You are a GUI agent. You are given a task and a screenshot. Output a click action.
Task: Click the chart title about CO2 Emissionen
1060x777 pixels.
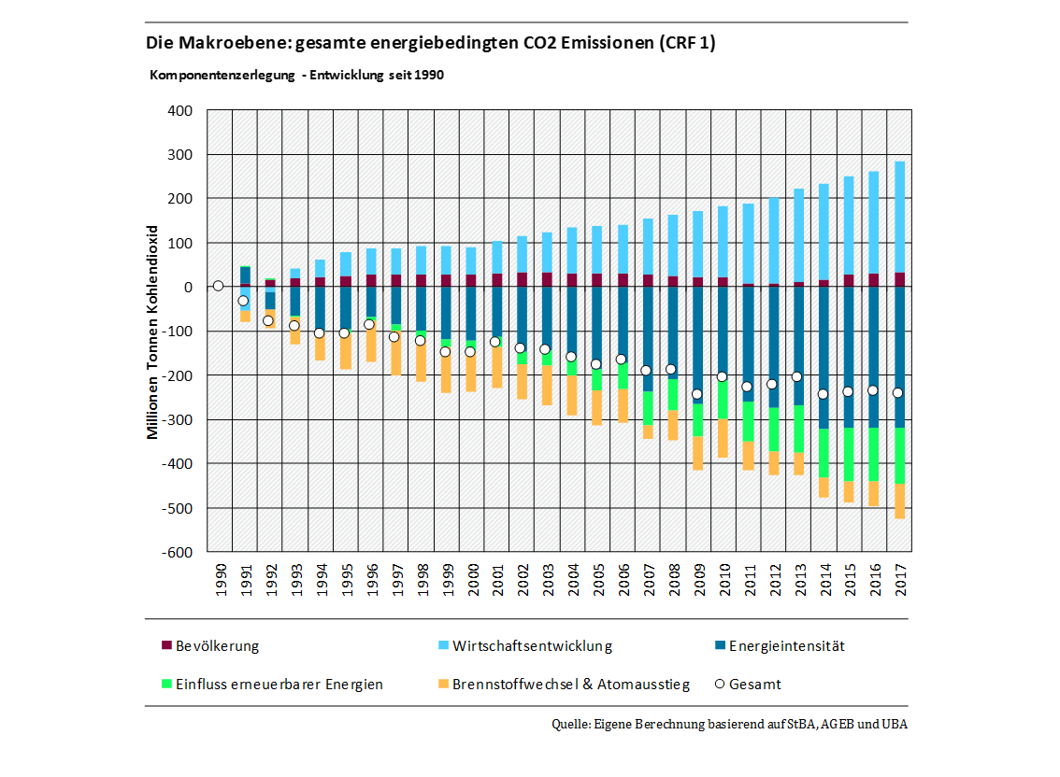[430, 43]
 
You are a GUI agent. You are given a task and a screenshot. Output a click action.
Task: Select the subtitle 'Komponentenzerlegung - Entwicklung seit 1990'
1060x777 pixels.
[296, 75]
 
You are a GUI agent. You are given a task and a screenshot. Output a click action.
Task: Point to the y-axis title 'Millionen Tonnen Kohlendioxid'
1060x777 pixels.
[153, 332]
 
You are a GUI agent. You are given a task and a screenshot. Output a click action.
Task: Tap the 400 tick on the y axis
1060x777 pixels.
[179, 110]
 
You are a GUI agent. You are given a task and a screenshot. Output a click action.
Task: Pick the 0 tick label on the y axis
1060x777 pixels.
[187, 287]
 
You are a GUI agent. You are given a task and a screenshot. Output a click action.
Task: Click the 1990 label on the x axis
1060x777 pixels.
[219, 581]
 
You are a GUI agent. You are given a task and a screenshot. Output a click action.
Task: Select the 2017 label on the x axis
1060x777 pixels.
[899, 581]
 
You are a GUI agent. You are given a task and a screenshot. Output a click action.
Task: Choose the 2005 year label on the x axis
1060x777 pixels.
[596, 581]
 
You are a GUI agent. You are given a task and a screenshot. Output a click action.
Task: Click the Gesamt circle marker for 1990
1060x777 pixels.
[219, 286]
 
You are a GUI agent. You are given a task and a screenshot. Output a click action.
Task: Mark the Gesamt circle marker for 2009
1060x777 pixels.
[696, 394]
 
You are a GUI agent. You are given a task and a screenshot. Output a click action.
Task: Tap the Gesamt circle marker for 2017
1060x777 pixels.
[898, 393]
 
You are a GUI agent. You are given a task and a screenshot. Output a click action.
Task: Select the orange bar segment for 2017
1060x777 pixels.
[899, 501]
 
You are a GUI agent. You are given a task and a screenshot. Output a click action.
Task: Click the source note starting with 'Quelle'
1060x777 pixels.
[729, 724]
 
